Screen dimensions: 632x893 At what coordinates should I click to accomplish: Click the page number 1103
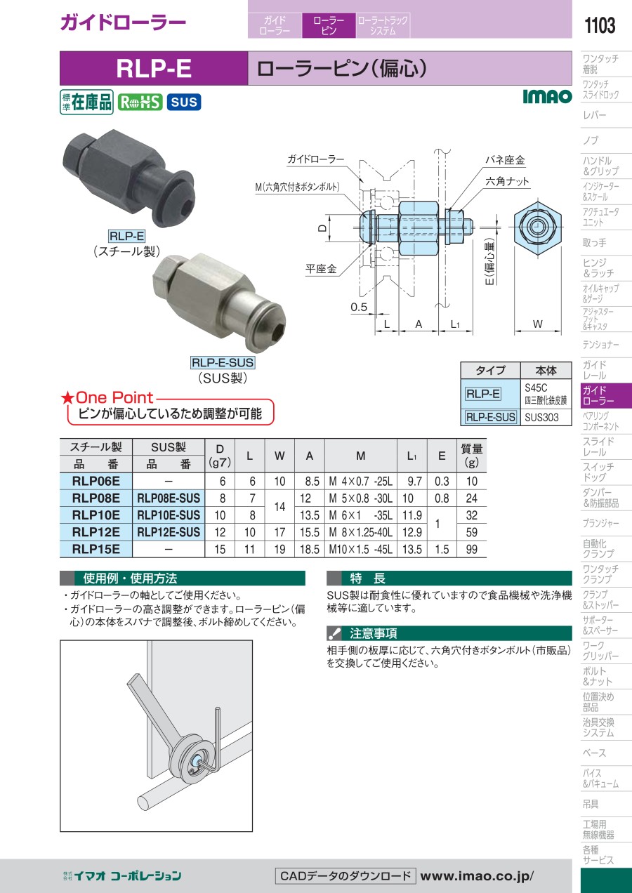tap(599, 25)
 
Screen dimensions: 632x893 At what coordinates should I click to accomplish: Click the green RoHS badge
tap(140, 102)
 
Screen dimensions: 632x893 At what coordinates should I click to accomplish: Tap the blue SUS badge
tap(184, 102)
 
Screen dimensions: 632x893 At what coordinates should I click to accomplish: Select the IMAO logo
tap(547, 96)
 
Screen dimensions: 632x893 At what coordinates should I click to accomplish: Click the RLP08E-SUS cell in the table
tap(169, 498)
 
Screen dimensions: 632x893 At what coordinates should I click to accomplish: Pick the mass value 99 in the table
tap(472, 550)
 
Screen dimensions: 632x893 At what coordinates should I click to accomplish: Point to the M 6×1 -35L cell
tap(360, 515)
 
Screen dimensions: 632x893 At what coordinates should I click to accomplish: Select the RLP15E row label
tap(96, 550)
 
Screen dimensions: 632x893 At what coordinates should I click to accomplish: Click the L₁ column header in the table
tap(412, 456)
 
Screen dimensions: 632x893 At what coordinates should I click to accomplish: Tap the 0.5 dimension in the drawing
tap(359, 307)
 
